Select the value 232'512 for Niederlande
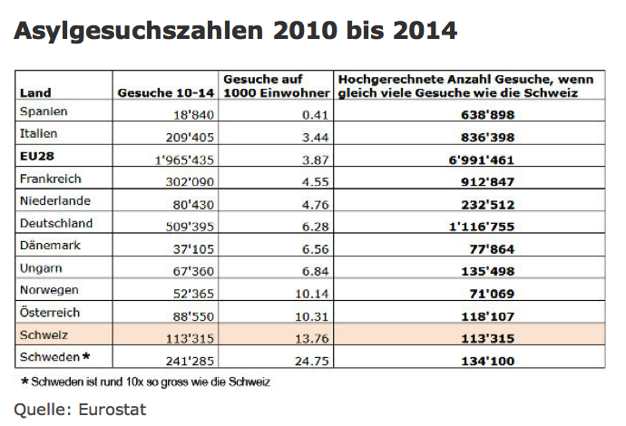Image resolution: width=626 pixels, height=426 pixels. [x=486, y=201]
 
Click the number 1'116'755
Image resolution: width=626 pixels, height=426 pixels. [x=480, y=224]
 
